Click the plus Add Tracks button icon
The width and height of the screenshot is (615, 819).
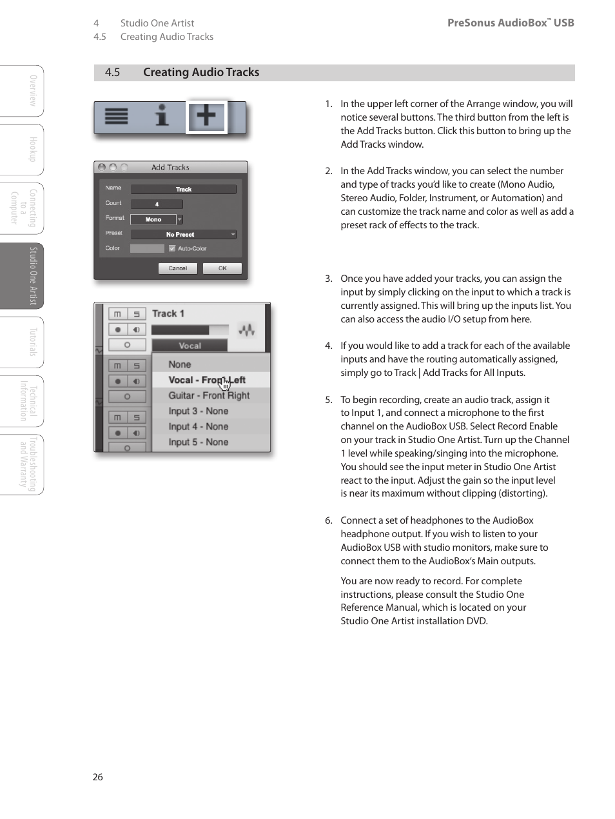(206, 117)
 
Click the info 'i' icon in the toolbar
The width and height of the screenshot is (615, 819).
(162, 116)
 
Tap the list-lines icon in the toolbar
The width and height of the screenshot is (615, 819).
(117, 116)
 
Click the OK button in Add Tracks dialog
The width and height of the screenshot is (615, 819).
(222, 268)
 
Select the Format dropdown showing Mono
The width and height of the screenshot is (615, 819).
(157, 220)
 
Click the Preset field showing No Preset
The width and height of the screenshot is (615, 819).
(183, 235)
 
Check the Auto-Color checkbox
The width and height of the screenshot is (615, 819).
(172, 248)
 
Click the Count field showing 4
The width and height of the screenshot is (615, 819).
(157, 204)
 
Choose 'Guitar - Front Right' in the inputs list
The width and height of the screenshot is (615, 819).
(209, 396)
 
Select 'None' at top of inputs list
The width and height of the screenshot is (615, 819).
(180, 364)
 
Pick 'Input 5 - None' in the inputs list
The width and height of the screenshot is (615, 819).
(199, 442)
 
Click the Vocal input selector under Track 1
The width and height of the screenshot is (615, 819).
(190, 346)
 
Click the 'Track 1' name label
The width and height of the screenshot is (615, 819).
(168, 313)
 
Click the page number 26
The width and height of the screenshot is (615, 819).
(98, 777)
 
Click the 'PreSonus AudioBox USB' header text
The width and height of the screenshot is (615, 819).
(510, 23)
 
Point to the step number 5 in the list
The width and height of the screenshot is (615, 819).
(329, 400)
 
